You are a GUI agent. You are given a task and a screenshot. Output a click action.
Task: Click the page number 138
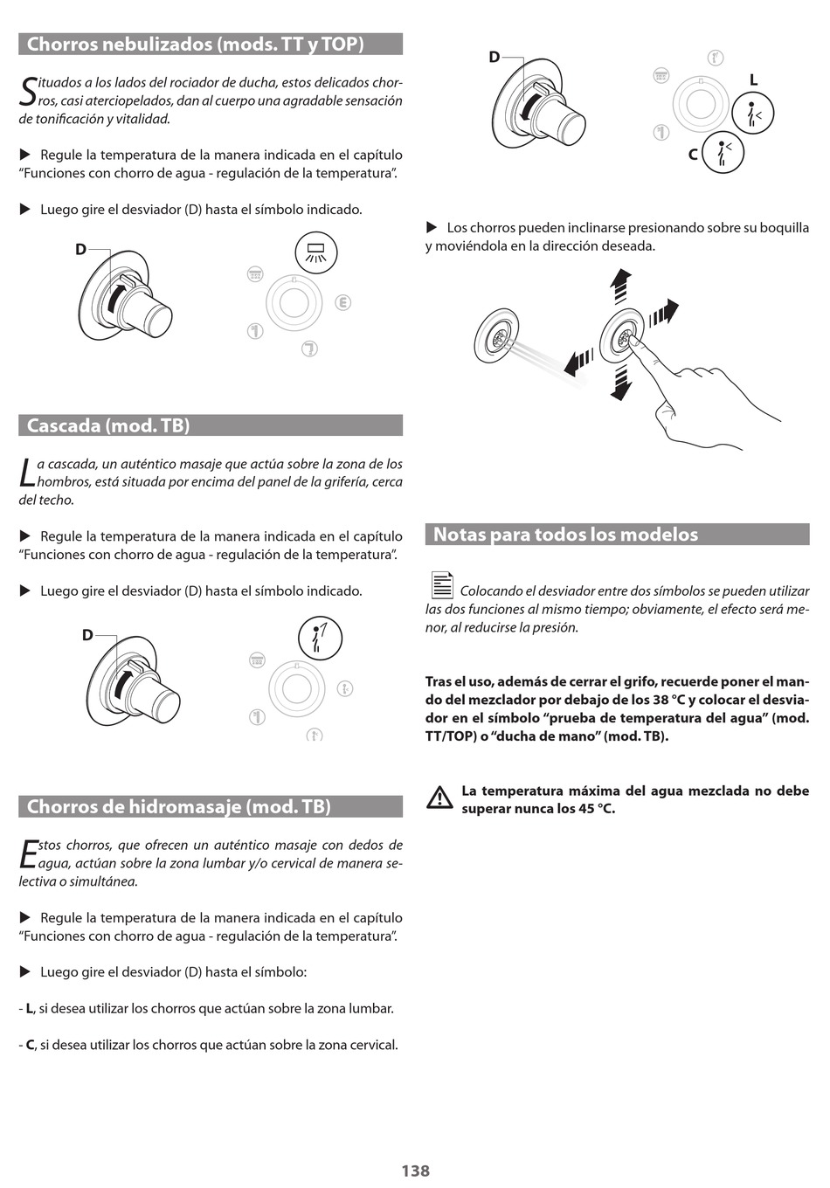(x=415, y=1171)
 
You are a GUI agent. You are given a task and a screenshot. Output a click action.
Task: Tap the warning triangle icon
(x=439, y=798)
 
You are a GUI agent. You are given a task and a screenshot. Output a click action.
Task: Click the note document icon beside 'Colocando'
(x=442, y=585)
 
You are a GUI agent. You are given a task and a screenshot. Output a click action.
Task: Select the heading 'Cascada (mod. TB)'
(x=108, y=425)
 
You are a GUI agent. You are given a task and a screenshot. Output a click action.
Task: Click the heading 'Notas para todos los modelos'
(x=565, y=535)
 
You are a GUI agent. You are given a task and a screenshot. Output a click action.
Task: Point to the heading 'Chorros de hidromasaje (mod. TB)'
(x=179, y=806)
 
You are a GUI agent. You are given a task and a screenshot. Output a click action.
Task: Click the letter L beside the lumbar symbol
(x=753, y=80)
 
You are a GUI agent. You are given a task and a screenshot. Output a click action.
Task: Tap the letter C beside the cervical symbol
(x=693, y=155)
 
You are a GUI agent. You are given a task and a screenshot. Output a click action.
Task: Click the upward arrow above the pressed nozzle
(x=620, y=286)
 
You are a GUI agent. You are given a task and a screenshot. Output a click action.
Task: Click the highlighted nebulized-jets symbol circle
(x=315, y=253)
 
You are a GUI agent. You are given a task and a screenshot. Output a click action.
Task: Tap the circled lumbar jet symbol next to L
(x=752, y=114)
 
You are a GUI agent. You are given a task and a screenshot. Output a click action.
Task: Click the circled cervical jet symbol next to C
(x=723, y=152)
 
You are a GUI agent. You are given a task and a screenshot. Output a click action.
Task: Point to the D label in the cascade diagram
(x=87, y=635)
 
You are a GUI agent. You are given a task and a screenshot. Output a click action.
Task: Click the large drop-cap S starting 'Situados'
(x=28, y=92)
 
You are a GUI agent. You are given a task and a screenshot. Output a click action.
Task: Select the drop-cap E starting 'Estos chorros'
(x=28, y=853)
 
